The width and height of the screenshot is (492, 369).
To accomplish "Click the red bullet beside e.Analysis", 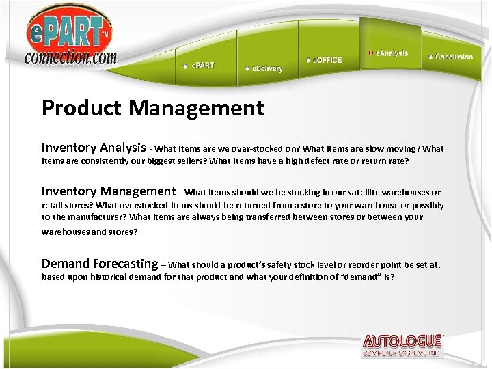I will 370,53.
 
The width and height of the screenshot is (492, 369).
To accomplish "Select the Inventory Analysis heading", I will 94,148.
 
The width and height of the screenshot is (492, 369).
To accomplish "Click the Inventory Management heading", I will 109,191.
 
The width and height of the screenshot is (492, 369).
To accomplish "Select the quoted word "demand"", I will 359,277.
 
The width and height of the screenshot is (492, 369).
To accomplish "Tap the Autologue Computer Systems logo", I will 402,346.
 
